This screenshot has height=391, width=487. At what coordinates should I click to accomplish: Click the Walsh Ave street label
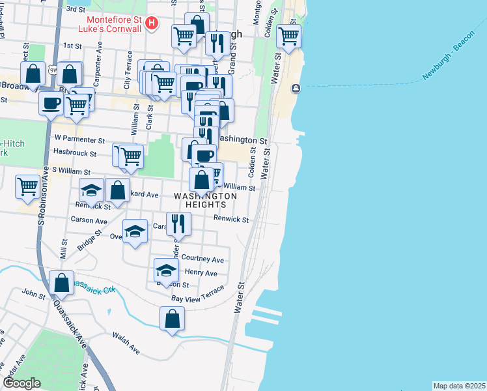click(x=126, y=343)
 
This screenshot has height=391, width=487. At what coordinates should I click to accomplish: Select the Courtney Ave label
click(x=203, y=259)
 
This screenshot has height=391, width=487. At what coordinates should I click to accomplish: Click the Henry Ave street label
click(x=201, y=272)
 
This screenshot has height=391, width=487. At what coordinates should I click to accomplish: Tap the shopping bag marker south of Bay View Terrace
click(x=172, y=319)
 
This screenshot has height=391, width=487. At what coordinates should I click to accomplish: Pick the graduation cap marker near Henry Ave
click(x=166, y=270)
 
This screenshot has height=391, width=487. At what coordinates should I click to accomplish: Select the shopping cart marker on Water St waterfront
click(x=288, y=36)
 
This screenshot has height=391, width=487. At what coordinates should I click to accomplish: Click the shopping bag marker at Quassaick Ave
click(x=61, y=283)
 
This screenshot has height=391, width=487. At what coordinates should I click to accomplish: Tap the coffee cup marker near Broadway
click(x=51, y=102)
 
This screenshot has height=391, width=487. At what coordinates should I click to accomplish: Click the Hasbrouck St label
click(x=74, y=154)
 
